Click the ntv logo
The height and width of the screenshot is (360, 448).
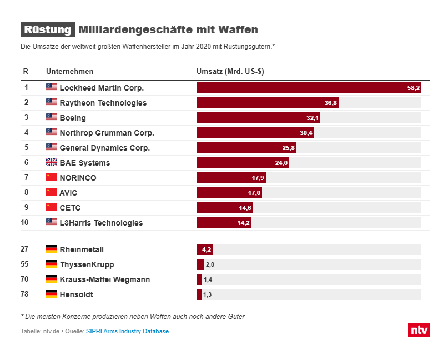(x=419, y=329)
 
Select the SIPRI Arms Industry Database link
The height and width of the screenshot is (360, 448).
(x=127, y=331)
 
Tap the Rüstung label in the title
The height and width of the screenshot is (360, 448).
(x=47, y=29)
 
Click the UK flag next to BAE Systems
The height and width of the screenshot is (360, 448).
(x=51, y=163)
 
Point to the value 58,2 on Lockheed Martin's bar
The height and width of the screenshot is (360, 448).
(x=414, y=88)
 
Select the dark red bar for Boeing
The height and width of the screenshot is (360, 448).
(x=258, y=118)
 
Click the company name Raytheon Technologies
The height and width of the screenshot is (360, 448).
(x=103, y=103)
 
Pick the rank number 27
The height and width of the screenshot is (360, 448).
(x=26, y=249)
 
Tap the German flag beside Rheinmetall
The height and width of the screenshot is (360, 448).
(x=51, y=249)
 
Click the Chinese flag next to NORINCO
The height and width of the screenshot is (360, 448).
(x=51, y=178)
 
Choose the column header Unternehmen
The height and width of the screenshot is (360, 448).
(x=69, y=72)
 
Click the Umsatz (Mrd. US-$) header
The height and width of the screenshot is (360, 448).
(x=230, y=72)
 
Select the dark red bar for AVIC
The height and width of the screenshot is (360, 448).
(x=229, y=193)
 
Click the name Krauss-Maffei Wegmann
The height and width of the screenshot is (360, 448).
(x=104, y=279)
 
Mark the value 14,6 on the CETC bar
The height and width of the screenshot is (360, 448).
(x=245, y=208)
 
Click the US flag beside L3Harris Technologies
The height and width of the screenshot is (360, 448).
(x=51, y=223)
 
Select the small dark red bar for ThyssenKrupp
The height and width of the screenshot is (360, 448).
(x=200, y=264)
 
